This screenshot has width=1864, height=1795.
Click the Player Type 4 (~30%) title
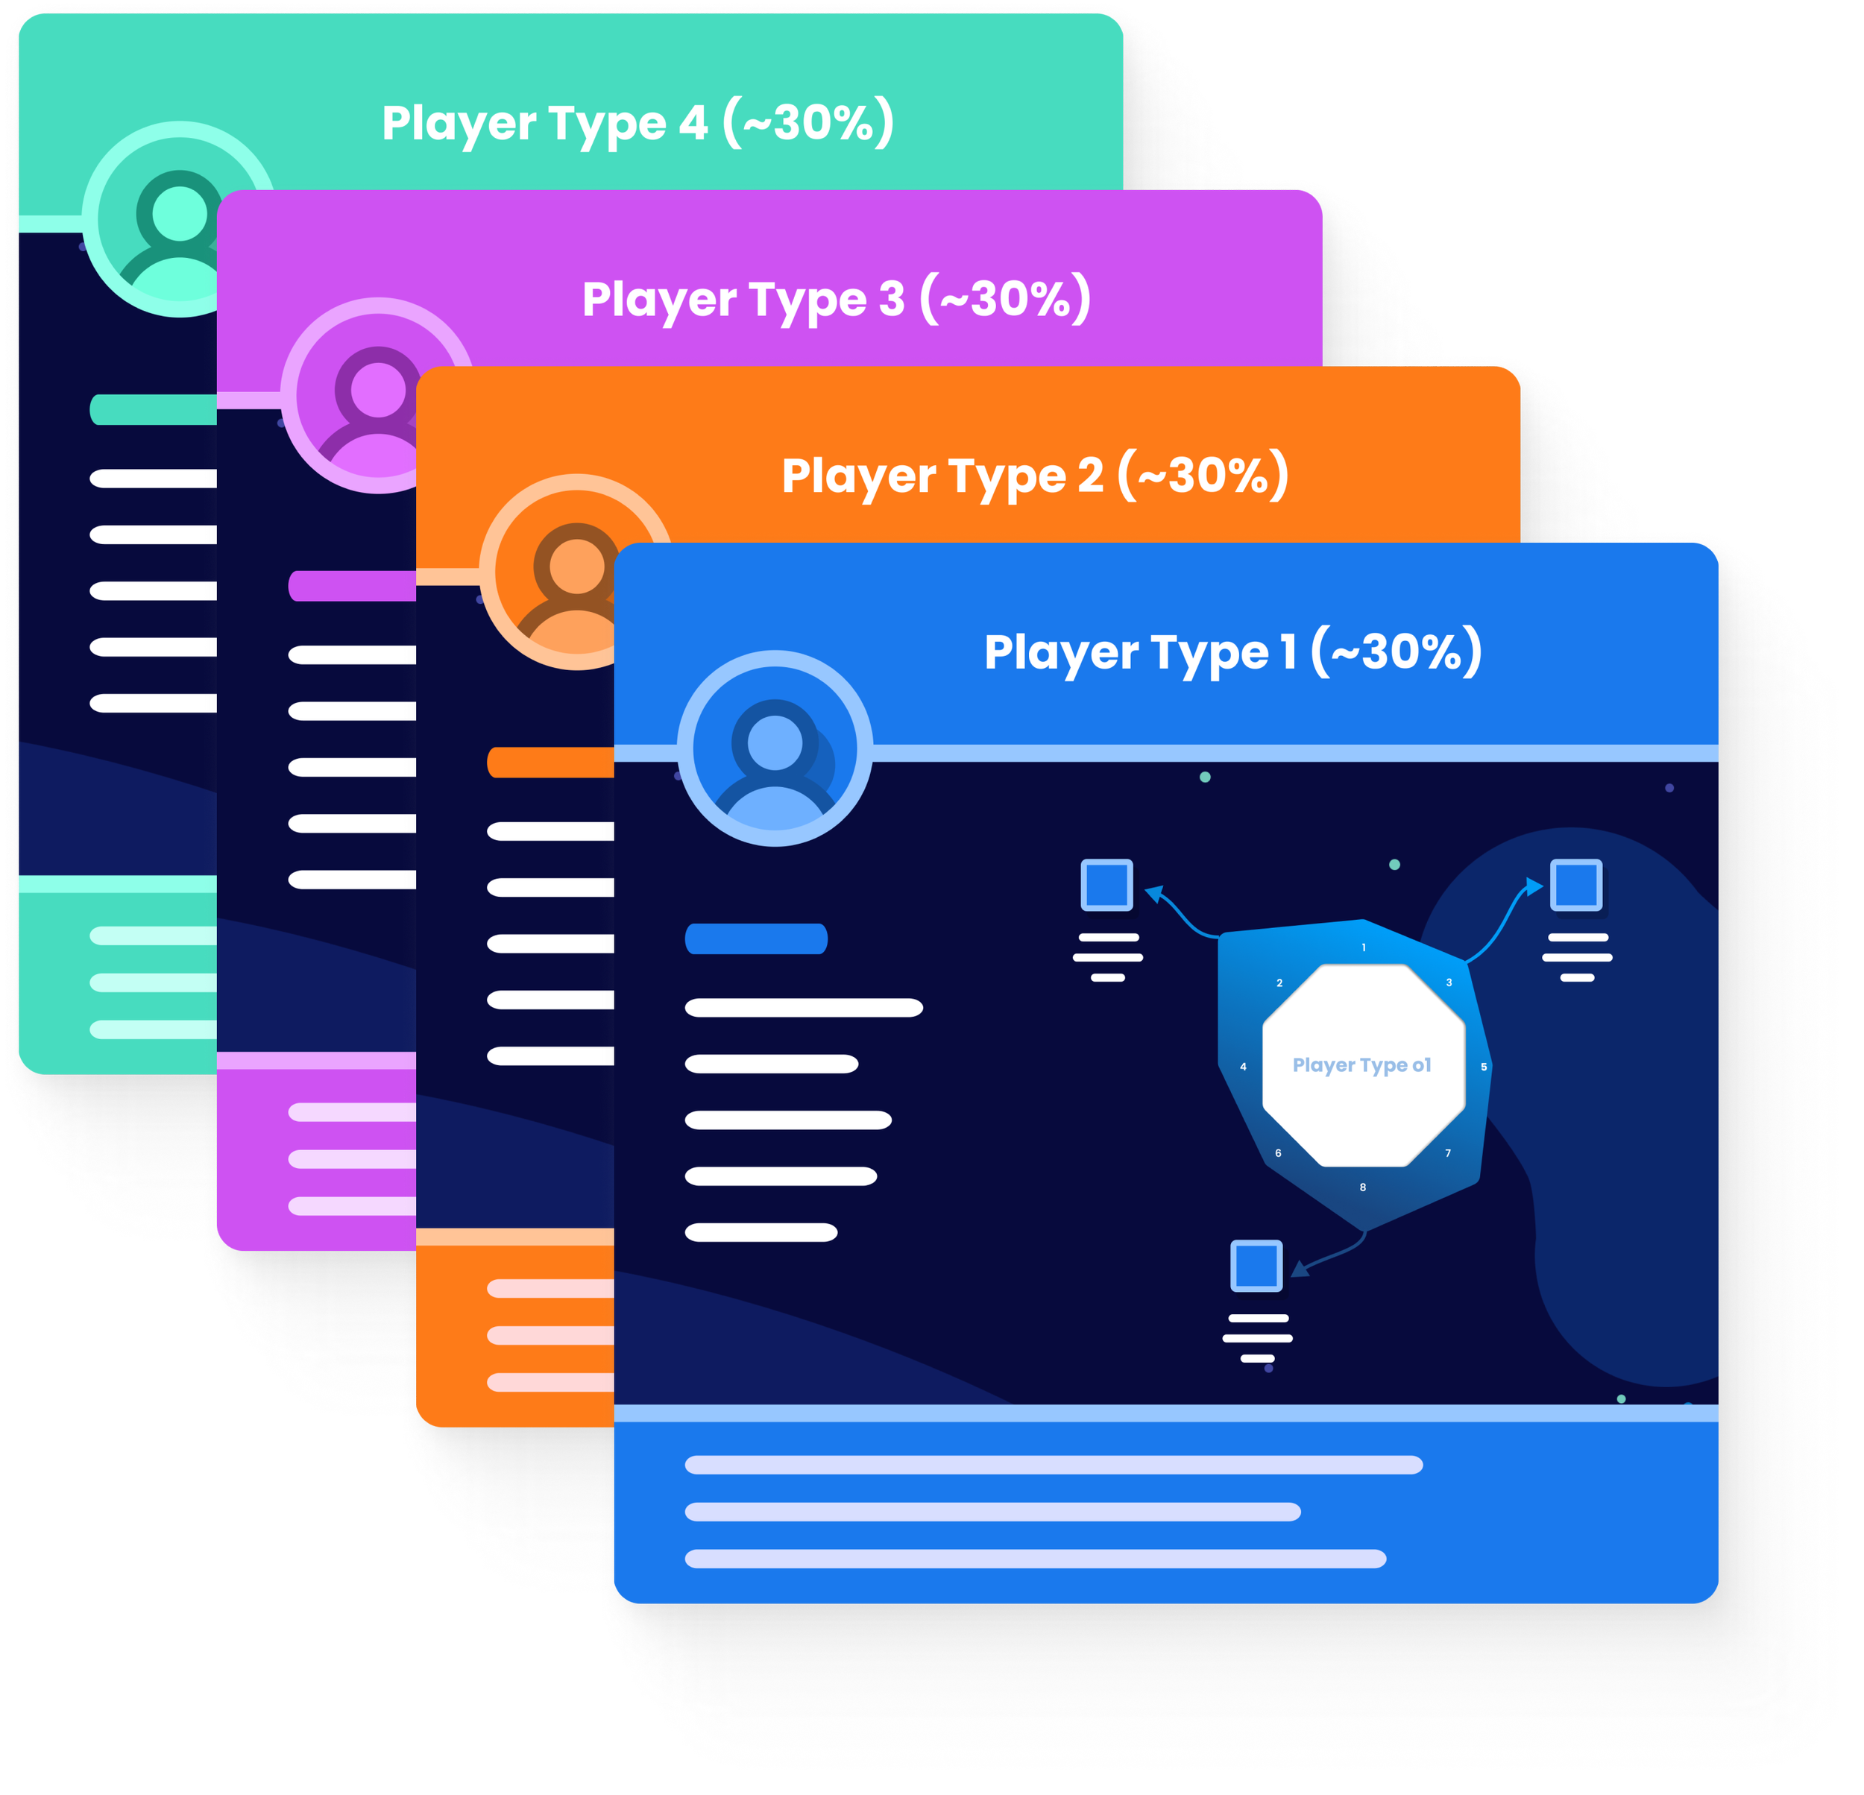(637, 123)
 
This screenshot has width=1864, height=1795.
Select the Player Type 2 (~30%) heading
(1035, 476)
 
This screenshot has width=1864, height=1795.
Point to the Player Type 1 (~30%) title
(1232, 652)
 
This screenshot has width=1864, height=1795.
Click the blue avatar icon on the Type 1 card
(774, 748)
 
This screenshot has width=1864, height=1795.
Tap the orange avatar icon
(576, 572)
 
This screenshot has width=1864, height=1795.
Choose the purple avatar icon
(377, 396)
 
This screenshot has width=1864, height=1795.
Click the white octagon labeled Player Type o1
(1362, 1064)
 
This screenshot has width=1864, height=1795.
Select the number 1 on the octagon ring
(1364, 947)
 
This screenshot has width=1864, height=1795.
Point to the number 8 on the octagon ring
(1363, 1187)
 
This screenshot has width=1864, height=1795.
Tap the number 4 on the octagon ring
(1243, 1067)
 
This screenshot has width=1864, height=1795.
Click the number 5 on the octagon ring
(1484, 1067)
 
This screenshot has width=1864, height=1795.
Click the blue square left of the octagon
(1107, 884)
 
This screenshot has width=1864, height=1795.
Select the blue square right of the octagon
(1576, 884)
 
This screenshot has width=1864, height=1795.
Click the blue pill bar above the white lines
(756, 938)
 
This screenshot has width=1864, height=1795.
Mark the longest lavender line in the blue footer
(1054, 1465)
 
